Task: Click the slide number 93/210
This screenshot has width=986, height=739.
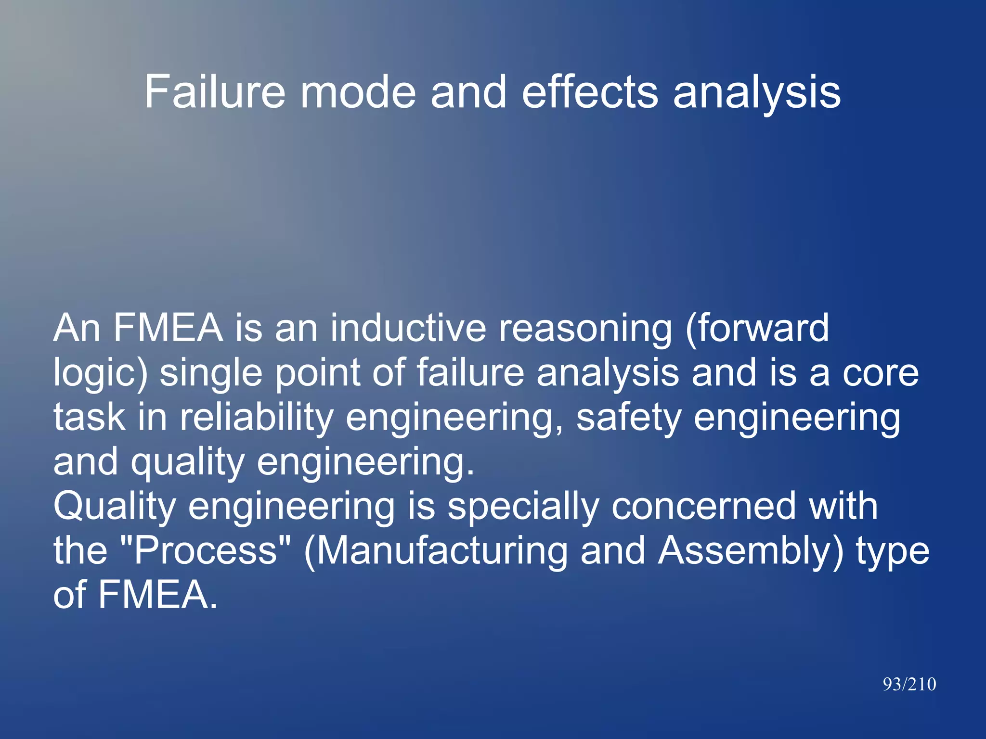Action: coord(909,684)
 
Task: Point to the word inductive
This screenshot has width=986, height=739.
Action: coord(408,328)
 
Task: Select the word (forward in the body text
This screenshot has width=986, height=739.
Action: coord(756,328)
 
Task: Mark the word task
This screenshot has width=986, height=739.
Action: coord(90,417)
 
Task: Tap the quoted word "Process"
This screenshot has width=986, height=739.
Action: coord(205,551)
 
